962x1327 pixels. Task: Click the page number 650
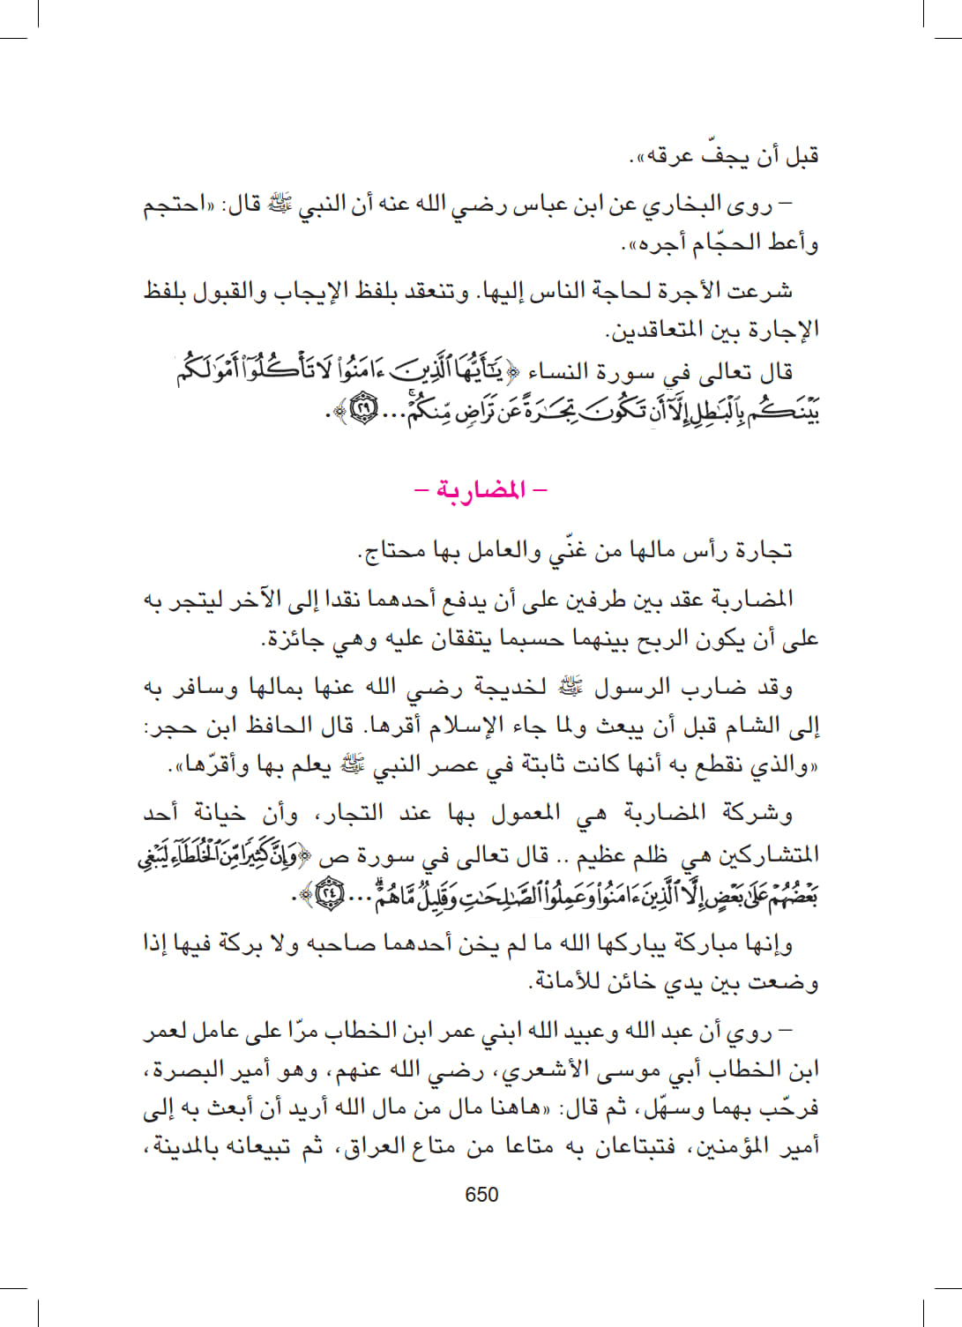(481, 1195)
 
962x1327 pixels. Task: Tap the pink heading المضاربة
(481, 489)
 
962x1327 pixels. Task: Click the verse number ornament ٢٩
(363, 410)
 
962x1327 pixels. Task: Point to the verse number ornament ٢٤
(329, 895)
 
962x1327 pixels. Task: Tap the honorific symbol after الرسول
(570, 685)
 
